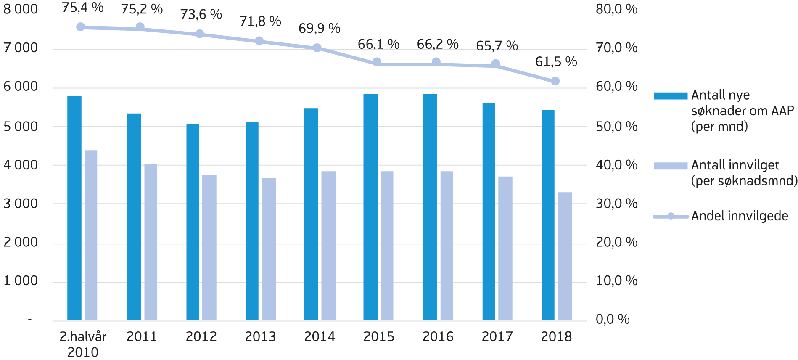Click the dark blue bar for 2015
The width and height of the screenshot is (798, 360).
(x=370, y=207)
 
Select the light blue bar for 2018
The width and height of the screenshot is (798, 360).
(x=565, y=256)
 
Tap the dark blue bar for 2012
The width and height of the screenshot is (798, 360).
(x=193, y=222)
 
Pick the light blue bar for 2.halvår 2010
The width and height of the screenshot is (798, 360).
(x=91, y=235)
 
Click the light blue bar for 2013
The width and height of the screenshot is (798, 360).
(x=269, y=249)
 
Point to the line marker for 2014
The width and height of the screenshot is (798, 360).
(x=317, y=48)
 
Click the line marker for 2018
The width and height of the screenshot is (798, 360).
(x=555, y=81)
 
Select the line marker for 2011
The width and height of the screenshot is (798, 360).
(x=140, y=27)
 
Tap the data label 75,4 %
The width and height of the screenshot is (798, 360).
(x=83, y=8)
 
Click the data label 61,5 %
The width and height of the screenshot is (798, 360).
(x=556, y=62)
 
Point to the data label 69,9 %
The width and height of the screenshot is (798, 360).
(x=319, y=29)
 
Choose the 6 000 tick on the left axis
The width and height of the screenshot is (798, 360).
(x=21, y=87)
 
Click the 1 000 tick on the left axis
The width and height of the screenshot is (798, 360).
(x=21, y=281)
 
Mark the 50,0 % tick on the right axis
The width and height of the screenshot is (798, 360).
(x=616, y=126)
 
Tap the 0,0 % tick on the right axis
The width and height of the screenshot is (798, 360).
(x=612, y=319)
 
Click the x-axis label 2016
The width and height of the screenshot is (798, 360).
(x=438, y=336)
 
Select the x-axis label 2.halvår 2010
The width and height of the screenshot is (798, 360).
(x=83, y=344)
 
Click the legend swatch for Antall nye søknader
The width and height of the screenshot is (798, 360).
(x=670, y=96)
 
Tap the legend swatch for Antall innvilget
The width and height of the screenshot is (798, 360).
(x=670, y=166)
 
